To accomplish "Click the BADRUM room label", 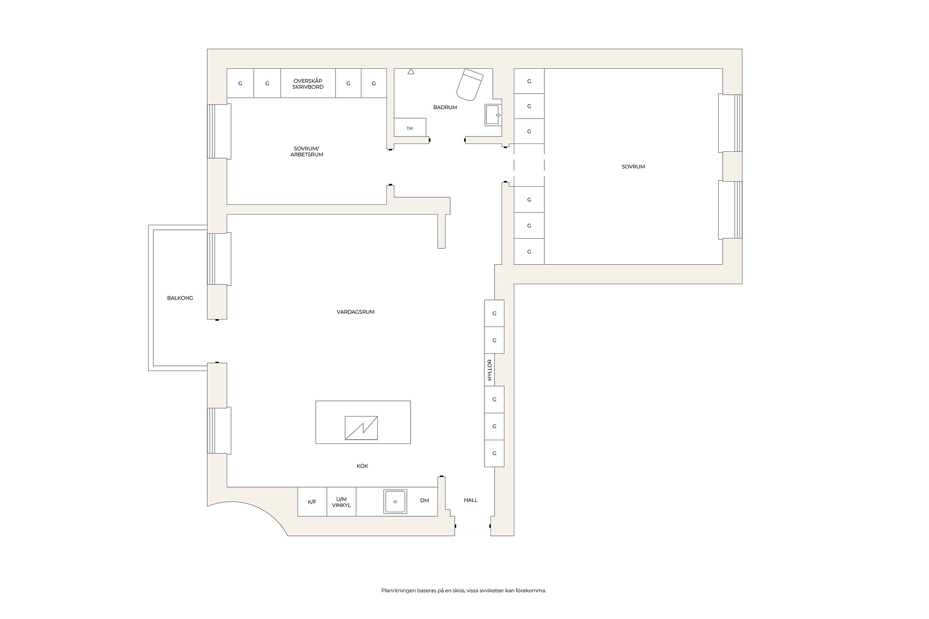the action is pyautogui.click(x=445, y=107).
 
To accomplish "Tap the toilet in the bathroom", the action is pyautogui.click(x=470, y=85).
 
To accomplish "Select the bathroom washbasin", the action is pyautogui.click(x=493, y=115).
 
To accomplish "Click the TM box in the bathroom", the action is pyautogui.click(x=410, y=128).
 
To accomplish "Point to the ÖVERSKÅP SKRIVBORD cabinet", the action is pyautogui.click(x=308, y=83).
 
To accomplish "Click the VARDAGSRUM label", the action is pyautogui.click(x=355, y=312).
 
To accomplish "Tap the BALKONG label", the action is pyautogui.click(x=180, y=298).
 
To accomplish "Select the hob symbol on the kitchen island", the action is pyautogui.click(x=361, y=428).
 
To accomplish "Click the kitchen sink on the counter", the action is pyautogui.click(x=395, y=502).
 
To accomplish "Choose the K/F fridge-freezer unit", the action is pyautogui.click(x=312, y=502).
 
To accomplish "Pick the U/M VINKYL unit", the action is pyautogui.click(x=341, y=502).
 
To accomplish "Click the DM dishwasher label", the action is pyautogui.click(x=425, y=501).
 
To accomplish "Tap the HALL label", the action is pyautogui.click(x=471, y=501).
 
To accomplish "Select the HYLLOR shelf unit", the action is pyautogui.click(x=489, y=370).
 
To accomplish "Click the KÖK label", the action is pyautogui.click(x=362, y=466).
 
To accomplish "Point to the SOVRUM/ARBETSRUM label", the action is pyautogui.click(x=307, y=152).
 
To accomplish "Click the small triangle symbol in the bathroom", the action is pyautogui.click(x=411, y=72).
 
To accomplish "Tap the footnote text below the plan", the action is pyautogui.click(x=464, y=591).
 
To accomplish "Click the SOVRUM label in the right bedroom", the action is pyautogui.click(x=633, y=167).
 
